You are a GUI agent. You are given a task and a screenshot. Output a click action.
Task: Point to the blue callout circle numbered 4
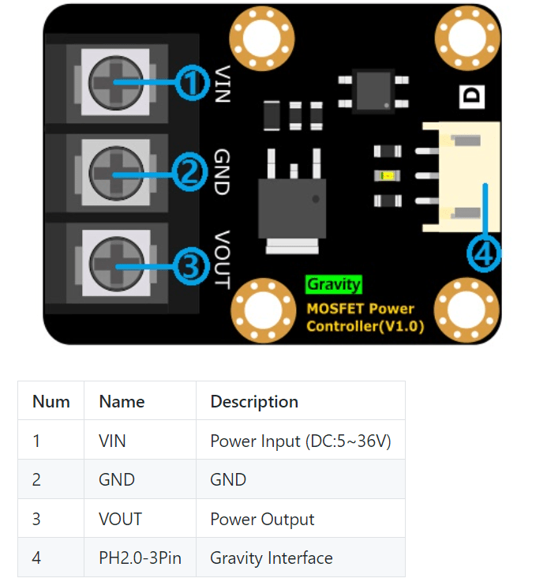click(x=483, y=253)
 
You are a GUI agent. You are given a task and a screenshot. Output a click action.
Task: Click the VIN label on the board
click(x=221, y=84)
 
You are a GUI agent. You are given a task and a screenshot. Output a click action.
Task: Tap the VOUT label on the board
click(x=221, y=259)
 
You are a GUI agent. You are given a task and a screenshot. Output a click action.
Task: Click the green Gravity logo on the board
click(x=334, y=284)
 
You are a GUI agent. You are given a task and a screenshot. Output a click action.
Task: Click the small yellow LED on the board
click(x=387, y=175)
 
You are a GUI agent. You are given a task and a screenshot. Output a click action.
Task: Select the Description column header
click(x=254, y=401)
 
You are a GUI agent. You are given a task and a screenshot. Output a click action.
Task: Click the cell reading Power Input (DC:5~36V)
click(x=301, y=441)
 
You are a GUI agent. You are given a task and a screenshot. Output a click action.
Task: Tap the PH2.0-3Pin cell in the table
click(x=140, y=558)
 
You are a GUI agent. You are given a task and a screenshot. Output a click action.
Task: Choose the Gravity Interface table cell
click(x=272, y=558)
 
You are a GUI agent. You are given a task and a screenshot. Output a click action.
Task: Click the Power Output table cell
click(x=262, y=519)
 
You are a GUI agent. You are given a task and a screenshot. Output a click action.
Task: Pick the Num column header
click(x=51, y=401)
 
